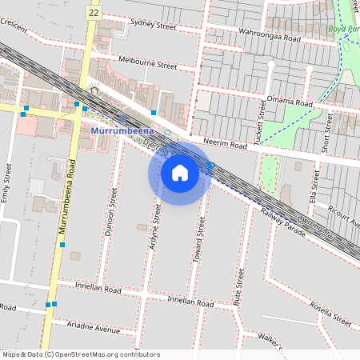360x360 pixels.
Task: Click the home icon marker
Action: coord(180,173)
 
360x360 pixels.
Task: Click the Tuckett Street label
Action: coord(259,122)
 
